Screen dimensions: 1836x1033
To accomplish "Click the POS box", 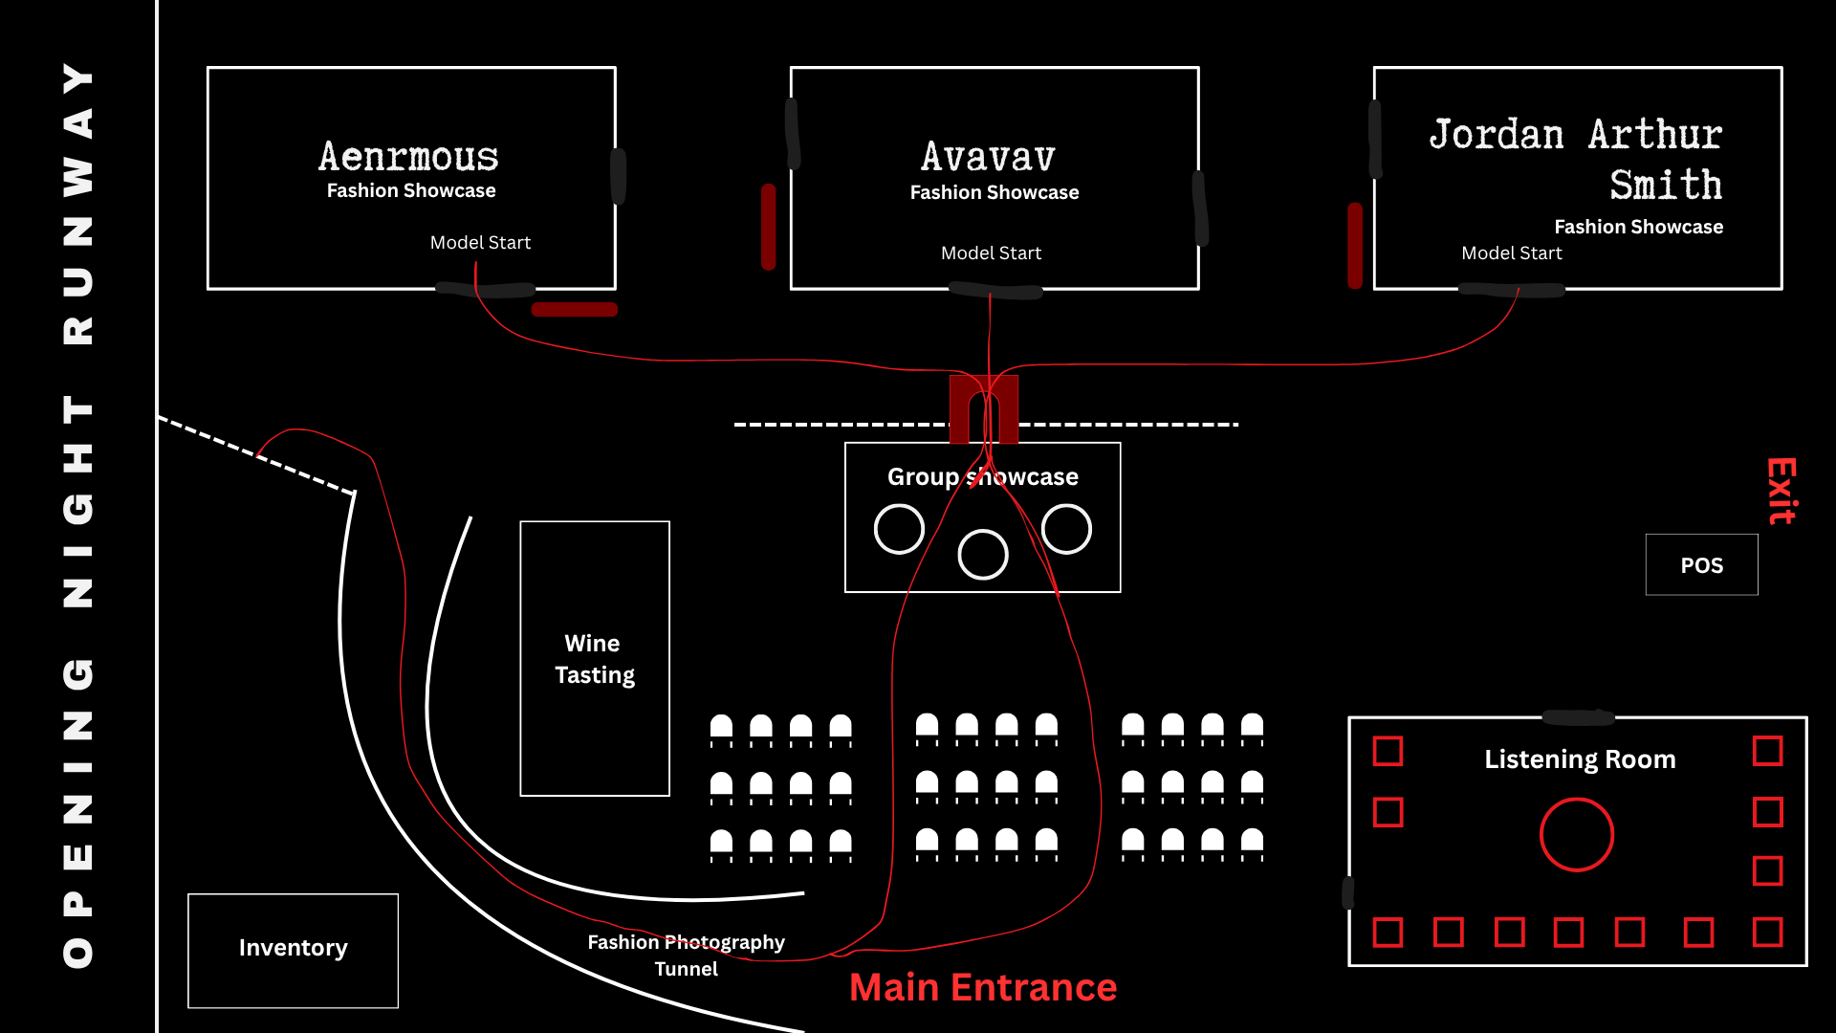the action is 1701,564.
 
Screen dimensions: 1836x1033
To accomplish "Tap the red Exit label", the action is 1781,491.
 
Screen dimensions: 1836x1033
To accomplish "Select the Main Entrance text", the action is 983,987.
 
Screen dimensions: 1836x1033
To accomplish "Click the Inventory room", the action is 293,950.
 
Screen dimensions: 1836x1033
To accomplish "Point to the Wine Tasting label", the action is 594,659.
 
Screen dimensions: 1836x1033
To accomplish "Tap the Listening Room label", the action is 1580,759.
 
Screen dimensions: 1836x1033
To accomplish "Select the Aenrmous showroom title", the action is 408,156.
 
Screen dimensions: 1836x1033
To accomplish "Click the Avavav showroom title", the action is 989,157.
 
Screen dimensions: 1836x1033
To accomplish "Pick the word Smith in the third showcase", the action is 1666,184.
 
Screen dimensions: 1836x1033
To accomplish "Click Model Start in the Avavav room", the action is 991,253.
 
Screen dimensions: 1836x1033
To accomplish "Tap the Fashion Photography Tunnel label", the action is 686,956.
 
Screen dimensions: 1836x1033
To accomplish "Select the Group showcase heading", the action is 983,476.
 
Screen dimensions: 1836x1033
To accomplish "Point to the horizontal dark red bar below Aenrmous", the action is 575,309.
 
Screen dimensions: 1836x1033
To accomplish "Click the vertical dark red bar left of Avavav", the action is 768,227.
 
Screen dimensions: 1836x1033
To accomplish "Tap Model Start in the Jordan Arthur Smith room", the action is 1512,253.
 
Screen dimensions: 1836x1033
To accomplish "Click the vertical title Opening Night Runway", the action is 78,516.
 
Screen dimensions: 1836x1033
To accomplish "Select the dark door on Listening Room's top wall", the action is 1578,717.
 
